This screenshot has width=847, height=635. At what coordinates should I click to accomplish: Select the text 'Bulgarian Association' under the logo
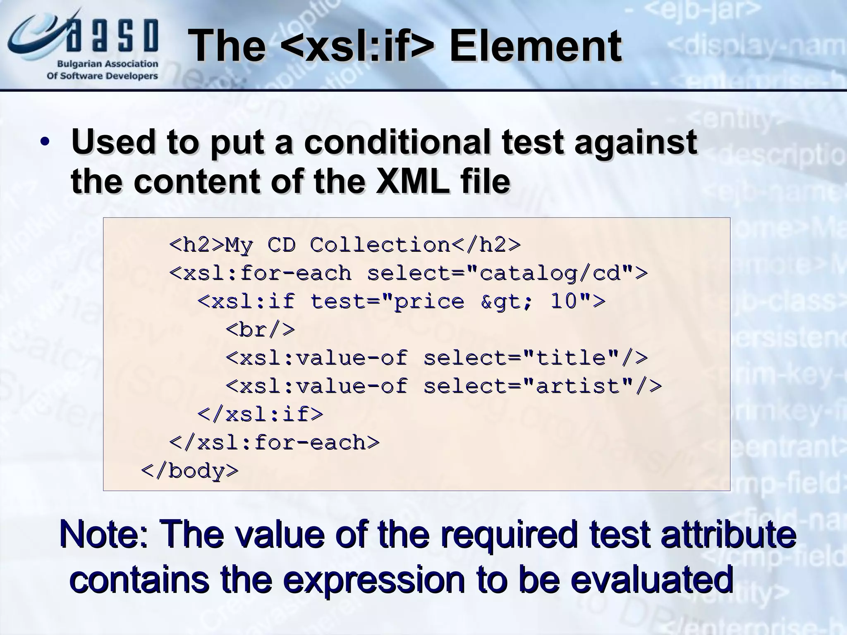tap(107, 64)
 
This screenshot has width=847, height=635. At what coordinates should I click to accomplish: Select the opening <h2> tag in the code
tap(196, 245)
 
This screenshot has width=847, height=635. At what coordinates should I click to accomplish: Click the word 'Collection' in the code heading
tap(380, 245)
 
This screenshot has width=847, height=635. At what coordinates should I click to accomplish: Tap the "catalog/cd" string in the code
tap(550, 273)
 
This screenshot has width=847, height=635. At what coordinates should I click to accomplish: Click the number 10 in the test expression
tap(564, 301)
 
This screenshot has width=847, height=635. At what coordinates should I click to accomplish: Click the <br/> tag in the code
tap(261, 330)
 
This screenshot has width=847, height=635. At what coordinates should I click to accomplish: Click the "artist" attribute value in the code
tap(578, 386)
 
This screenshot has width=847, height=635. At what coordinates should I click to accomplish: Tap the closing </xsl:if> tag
tap(260, 414)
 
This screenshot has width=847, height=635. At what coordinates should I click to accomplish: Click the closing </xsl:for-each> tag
tap(274, 442)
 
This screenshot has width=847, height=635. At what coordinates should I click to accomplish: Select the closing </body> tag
tap(190, 471)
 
